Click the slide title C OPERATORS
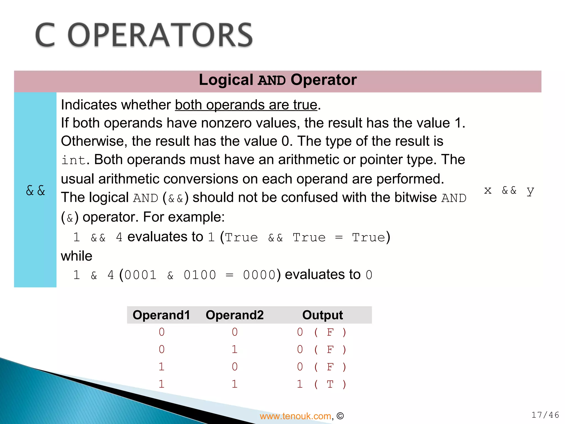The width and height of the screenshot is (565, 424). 144,35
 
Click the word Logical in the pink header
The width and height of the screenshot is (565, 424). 226,80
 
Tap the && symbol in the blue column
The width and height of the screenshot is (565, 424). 35,190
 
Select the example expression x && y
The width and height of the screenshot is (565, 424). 509,190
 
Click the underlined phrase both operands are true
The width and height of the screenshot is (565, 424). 246,105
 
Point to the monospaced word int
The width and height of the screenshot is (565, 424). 73,160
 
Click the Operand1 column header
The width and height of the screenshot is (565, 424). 161,315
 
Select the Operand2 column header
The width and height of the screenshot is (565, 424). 234,315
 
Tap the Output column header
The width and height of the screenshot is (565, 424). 323,315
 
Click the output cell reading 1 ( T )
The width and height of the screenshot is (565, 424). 321,384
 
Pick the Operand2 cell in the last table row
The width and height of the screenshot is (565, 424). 234,384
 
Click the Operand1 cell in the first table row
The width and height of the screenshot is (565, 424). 162,332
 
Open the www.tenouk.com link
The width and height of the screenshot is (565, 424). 295,416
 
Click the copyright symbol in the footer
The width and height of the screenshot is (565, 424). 340,416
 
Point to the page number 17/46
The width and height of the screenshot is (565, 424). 545,415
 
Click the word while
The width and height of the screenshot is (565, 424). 76,256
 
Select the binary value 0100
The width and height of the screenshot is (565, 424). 200,275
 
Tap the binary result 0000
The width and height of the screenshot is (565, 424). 259,275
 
